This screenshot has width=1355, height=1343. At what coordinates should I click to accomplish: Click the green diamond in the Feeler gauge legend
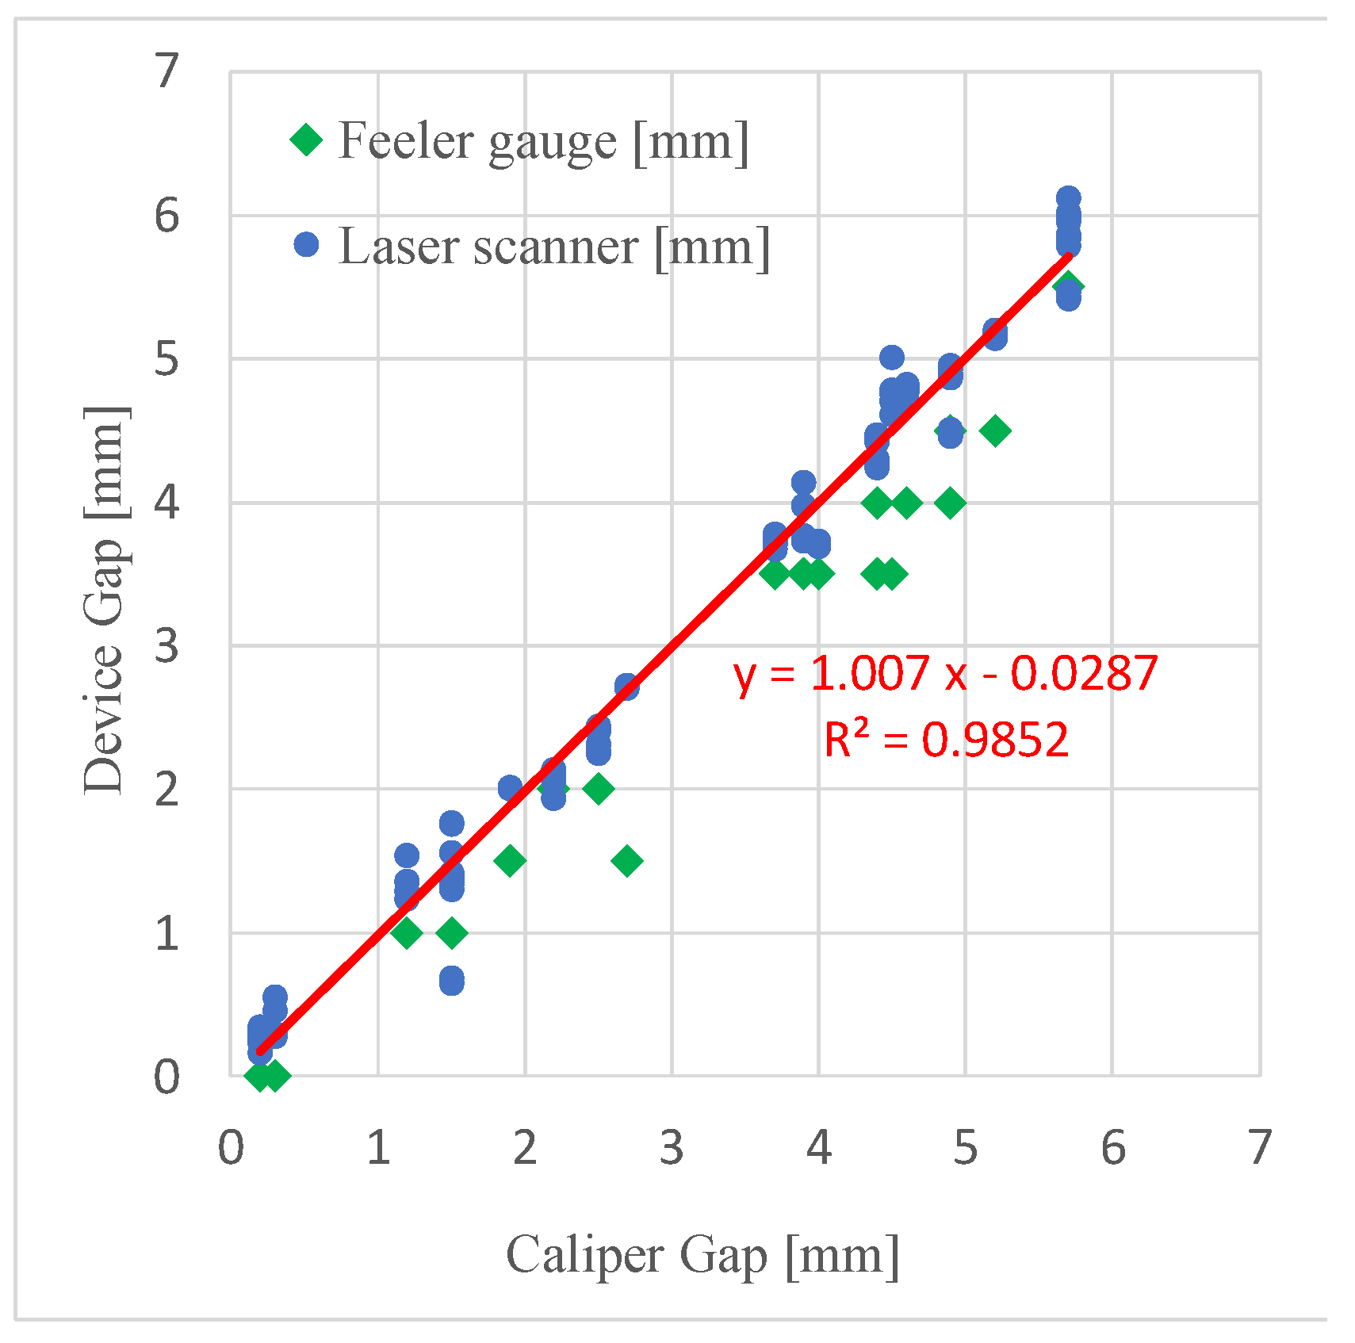point(306,141)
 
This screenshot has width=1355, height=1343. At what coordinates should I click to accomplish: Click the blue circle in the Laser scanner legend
point(306,245)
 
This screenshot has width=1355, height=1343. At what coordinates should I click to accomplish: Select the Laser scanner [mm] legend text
point(553,247)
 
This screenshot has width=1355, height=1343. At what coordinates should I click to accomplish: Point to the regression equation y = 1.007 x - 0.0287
point(945,674)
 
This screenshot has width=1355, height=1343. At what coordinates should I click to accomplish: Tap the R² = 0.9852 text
point(946,740)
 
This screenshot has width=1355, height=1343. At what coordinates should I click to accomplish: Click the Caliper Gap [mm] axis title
point(702,1256)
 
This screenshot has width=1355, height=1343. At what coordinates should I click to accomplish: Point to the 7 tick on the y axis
point(167,71)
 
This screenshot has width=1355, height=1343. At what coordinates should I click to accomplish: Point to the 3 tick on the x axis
point(672,1147)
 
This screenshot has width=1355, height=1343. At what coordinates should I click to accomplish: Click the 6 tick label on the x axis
point(1112,1147)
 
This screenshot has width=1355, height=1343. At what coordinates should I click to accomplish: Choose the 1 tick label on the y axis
point(167,933)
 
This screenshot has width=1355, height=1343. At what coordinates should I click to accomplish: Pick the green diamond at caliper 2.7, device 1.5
point(627,861)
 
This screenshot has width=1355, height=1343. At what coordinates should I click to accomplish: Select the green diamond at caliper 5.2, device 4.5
point(995,430)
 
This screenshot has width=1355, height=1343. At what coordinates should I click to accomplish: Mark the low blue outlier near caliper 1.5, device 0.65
point(451,981)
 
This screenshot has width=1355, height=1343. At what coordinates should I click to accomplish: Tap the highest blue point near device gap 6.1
point(1068,198)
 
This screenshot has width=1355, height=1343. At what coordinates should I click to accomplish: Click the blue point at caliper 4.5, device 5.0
point(892,358)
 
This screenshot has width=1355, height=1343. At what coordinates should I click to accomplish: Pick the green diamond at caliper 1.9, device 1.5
point(510,860)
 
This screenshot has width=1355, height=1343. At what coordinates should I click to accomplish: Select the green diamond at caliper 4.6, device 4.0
point(907,503)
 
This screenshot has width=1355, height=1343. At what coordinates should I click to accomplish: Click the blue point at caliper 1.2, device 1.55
point(407,855)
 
